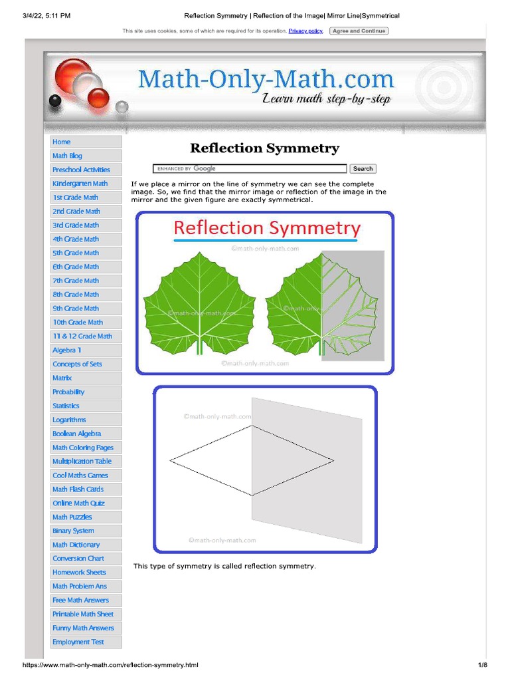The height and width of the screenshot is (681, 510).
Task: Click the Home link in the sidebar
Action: click(62, 142)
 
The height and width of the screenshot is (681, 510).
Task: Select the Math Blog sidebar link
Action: click(68, 156)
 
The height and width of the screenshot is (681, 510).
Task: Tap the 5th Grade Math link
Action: click(76, 253)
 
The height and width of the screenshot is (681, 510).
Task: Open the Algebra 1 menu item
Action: click(67, 350)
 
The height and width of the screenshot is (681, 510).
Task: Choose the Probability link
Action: click(68, 392)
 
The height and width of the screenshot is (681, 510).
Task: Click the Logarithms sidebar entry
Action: click(69, 420)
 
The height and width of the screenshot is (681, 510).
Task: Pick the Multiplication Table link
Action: click(82, 462)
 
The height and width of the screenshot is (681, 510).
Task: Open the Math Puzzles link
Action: click(72, 517)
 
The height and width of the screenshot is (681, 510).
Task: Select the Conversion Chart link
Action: click(78, 559)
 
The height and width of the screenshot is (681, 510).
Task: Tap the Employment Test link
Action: click(78, 642)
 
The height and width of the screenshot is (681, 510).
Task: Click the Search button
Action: click(363, 169)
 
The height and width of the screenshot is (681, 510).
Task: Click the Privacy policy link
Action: click(305, 31)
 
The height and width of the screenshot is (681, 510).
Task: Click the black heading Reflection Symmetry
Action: click(264, 148)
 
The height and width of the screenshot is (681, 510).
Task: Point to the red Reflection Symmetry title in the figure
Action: click(266, 229)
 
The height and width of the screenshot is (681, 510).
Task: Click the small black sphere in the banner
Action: click(55, 100)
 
